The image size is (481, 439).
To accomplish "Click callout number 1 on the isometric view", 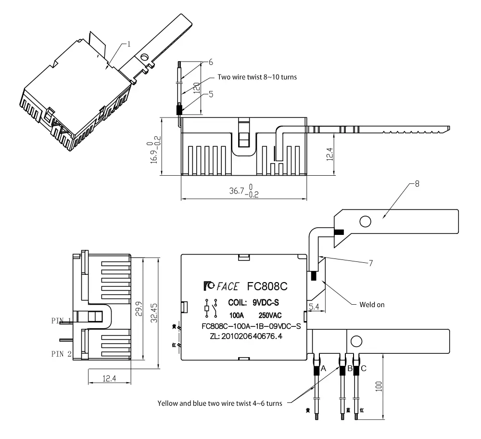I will point(128,44).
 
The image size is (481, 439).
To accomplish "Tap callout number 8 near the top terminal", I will point(416,184).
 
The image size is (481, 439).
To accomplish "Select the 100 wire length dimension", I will point(379,386).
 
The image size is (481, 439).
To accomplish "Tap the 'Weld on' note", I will point(372,304).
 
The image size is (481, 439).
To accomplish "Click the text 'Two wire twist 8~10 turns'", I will point(257,77).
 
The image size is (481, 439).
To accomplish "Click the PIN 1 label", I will point(62,321).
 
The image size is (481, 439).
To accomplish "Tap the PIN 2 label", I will point(62,353).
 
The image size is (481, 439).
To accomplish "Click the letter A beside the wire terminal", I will point(323,368).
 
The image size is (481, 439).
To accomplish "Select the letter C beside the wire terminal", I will point(364,368).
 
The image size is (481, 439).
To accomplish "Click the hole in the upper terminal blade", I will point(365,221).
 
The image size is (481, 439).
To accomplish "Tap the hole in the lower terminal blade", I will point(356,341).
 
